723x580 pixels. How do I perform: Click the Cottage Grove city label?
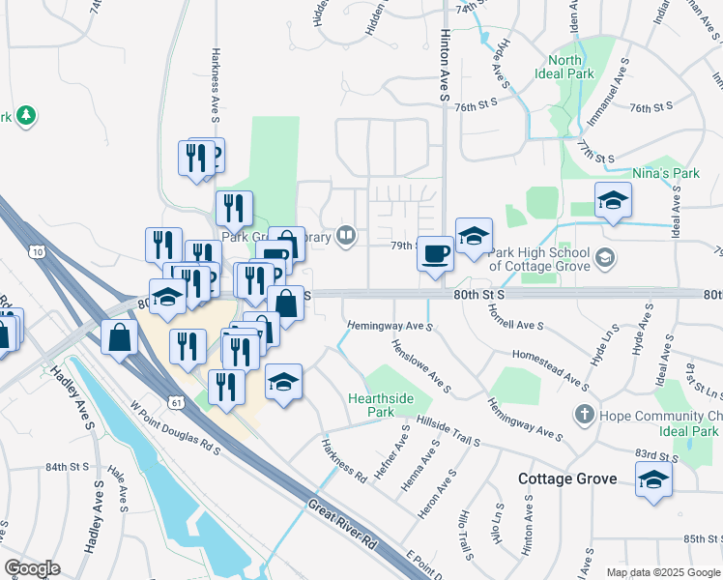pyautogui.click(x=567, y=478)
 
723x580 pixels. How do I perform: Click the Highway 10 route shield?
pyautogui.click(x=37, y=251)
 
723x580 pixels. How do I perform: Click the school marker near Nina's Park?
pyautogui.click(x=613, y=200)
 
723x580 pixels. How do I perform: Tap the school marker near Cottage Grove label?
pyautogui.click(x=653, y=478)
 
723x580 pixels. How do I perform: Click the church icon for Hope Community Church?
pyautogui.click(x=583, y=415)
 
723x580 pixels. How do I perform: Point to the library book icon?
pyautogui.click(x=345, y=235)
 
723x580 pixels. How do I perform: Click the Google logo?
pyautogui.click(x=31, y=568)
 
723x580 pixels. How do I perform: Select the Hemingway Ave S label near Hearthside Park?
pyautogui.click(x=390, y=326)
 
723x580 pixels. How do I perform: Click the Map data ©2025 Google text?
pyautogui.click(x=662, y=572)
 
